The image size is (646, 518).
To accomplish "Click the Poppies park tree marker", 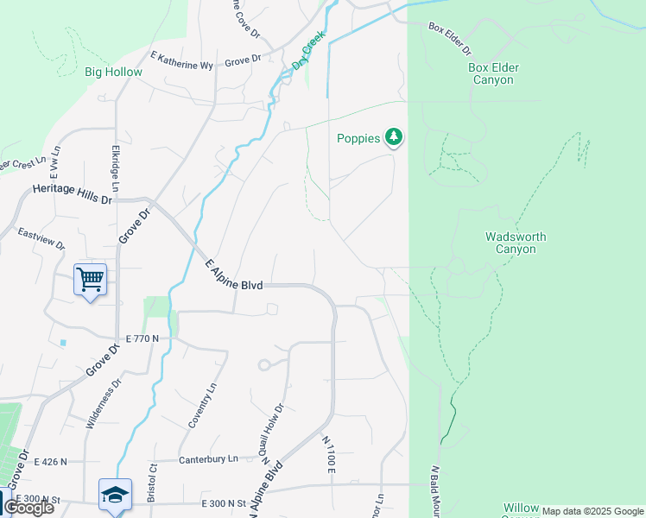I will (394, 137).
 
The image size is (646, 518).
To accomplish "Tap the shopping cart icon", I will (90, 279).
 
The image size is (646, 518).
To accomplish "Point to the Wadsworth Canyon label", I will (516, 243).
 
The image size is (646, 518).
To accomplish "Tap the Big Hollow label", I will (113, 73).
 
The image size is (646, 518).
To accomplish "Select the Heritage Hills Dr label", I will (73, 194).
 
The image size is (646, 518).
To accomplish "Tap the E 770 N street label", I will (142, 338).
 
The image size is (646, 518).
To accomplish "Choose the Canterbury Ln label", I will (207, 459).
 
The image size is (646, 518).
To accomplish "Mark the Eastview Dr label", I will (41, 238).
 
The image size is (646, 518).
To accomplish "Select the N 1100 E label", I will (328, 454).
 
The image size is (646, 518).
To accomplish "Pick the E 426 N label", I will (50, 462).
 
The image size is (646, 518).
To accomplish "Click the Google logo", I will (28, 508).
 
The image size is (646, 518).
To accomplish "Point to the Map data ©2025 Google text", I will (592, 511).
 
